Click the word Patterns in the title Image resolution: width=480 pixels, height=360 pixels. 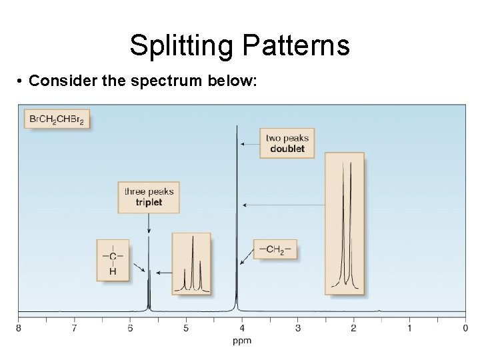[x=296, y=45]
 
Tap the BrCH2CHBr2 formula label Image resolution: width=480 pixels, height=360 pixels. [x=57, y=119]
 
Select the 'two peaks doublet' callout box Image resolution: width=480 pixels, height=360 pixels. [x=287, y=143]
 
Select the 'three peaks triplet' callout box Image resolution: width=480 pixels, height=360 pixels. [x=149, y=197]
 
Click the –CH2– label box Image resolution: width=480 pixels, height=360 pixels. [x=275, y=249]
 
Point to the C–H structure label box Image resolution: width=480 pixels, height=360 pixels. [x=113, y=261]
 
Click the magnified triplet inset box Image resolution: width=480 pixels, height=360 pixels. [x=192, y=264]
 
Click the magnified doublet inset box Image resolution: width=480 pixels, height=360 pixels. [x=345, y=223]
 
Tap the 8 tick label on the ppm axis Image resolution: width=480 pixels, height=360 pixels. [x=18, y=328]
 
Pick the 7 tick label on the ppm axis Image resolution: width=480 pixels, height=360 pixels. [x=74, y=328]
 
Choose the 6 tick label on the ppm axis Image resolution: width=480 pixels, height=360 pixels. [x=130, y=328]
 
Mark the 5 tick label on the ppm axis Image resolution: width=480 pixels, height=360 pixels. [x=186, y=328]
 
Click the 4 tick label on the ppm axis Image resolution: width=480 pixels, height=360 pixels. [x=242, y=328]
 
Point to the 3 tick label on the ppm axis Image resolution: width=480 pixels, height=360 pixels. [x=298, y=328]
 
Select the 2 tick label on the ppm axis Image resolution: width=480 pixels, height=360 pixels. [x=353, y=328]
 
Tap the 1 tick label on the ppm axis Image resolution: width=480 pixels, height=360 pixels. [x=409, y=328]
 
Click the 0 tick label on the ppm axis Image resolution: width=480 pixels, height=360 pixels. [x=465, y=328]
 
